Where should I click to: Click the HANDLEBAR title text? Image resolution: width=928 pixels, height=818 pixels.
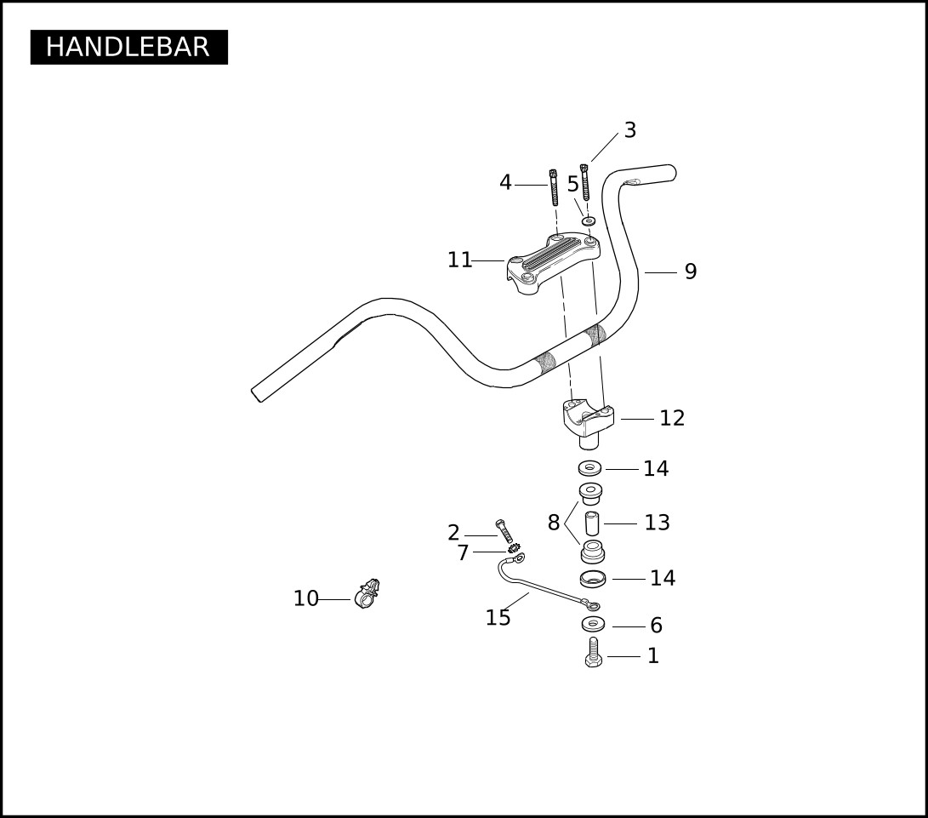pos(128,47)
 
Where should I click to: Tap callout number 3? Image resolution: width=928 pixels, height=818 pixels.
pos(630,129)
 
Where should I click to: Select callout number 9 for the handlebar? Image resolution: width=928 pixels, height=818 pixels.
pos(691,272)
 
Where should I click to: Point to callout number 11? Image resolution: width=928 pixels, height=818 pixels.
pos(460,260)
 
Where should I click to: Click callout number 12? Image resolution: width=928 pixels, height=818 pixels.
pos(672,418)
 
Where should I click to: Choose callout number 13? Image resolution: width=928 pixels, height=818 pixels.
pos(657,522)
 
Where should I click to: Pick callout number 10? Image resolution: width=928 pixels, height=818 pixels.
pos(306,598)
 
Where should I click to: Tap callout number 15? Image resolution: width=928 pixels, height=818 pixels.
pos(498,617)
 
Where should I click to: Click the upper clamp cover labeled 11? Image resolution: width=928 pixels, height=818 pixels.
pos(553,264)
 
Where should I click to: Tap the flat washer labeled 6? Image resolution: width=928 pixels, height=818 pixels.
pos(593,624)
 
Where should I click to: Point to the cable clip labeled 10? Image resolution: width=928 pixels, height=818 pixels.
pos(367,594)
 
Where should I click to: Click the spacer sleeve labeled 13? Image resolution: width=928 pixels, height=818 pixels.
pos(592,523)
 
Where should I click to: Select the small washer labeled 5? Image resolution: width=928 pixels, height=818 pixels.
pos(588,221)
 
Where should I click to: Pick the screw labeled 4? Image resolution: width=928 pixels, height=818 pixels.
pos(554,187)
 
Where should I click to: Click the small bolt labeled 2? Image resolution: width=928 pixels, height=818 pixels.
pos(504,531)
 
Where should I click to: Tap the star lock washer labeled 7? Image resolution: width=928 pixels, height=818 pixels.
pos(514,548)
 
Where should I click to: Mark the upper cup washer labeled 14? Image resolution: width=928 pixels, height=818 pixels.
pos(589,467)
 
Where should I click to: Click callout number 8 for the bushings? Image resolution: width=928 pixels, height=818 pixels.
pos(554,523)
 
